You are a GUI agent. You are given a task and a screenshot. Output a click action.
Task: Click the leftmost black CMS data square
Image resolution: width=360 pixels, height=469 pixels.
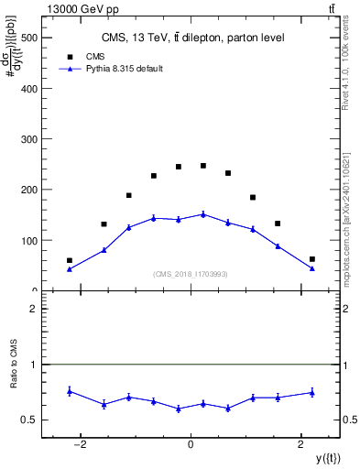70,260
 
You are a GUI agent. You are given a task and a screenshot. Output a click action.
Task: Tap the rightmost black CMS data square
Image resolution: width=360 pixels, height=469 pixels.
311,259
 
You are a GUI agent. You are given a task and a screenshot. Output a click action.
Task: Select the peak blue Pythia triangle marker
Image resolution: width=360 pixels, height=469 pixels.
203,214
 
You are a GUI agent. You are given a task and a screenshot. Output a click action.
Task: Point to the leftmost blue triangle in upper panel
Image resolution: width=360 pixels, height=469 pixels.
70,268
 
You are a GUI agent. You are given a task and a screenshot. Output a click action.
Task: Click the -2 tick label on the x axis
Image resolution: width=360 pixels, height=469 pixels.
81,444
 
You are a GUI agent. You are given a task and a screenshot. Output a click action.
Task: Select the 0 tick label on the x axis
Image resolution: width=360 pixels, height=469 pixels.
191,444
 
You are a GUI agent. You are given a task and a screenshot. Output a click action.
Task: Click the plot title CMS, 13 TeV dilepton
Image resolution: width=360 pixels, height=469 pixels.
192,38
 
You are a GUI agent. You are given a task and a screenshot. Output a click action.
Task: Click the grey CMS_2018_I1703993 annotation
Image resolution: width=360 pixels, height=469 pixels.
191,274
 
